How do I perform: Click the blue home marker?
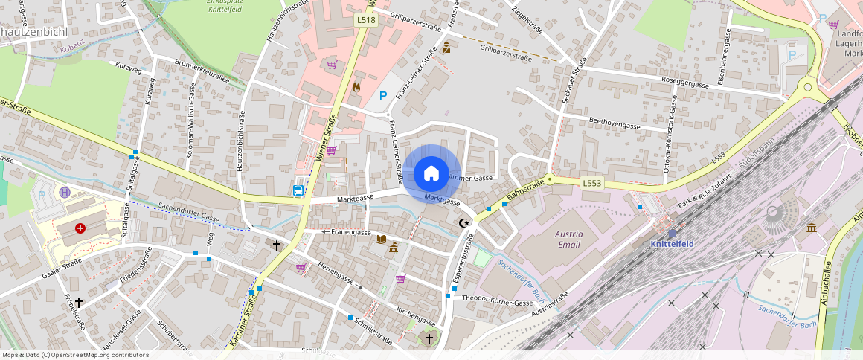coord(431,174)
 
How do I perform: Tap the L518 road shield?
coord(365,21)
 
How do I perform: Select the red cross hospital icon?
coord(80,229)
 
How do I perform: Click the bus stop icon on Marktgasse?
coord(298,190)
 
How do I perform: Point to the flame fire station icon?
coord(356,86)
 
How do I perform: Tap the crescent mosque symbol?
coord(465,222)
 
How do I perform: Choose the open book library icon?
coord(381,239)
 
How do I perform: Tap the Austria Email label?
coord(569,239)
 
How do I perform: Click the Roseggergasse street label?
coord(684,83)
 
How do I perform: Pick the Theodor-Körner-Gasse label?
coord(498,303)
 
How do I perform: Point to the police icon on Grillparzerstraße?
coord(446,48)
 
